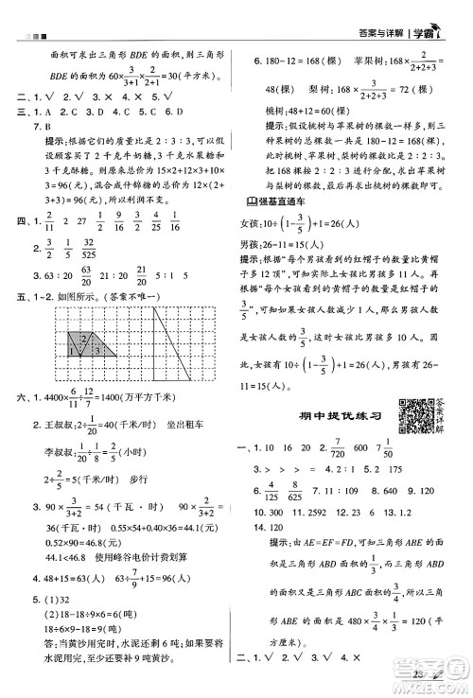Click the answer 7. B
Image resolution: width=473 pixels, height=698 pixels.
coord(40,125)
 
